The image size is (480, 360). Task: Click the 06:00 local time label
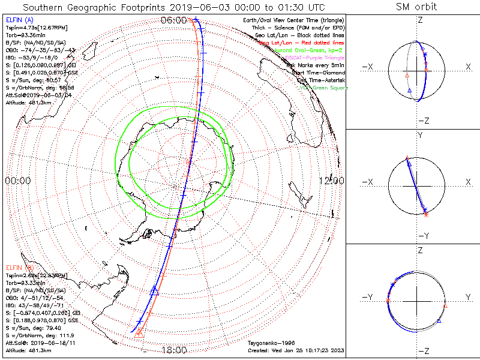click(x=174, y=20)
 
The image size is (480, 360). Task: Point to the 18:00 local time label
click(x=174, y=349)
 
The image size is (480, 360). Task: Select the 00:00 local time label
click(x=17, y=181)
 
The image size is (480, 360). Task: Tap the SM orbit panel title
click(x=416, y=7)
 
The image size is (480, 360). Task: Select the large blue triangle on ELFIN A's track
click(x=155, y=291)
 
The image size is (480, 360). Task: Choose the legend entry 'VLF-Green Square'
click(x=324, y=88)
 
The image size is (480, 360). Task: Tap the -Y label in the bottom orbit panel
click(x=369, y=297)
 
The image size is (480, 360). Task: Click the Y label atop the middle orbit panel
click(x=419, y=136)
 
